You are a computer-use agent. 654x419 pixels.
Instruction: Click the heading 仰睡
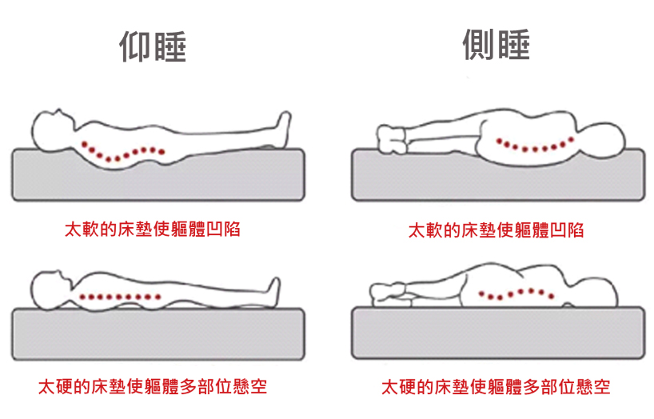pos(153,46)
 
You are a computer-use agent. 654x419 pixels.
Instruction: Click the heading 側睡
pos(496,44)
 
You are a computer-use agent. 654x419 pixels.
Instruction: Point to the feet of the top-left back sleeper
pos(283,129)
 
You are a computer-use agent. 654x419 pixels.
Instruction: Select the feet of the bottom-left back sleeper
pos(273,291)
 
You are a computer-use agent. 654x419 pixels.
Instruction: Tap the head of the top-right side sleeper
pos(602,138)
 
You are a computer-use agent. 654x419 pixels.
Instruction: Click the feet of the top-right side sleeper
pos(391,138)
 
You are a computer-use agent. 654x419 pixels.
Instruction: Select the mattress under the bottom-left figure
pos(158,334)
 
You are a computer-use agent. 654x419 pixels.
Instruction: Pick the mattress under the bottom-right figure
pos(498,333)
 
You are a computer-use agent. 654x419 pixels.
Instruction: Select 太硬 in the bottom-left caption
pos(55,387)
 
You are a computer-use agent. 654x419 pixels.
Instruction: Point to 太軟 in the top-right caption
pos(425,230)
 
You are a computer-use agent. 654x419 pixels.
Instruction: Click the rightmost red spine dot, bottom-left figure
pos(158,297)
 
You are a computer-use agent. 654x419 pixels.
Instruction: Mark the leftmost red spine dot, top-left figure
pos(85,145)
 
